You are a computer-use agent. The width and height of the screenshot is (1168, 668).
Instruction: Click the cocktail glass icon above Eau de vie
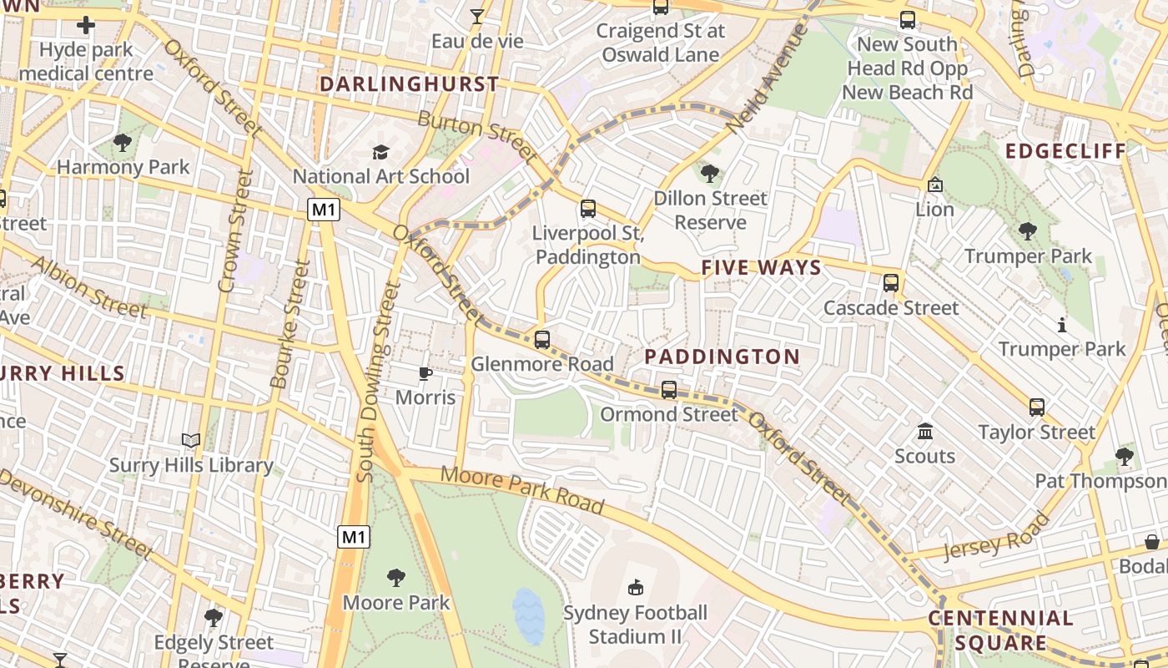(x=476, y=16)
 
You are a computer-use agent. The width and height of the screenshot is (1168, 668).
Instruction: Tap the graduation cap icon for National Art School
(x=380, y=152)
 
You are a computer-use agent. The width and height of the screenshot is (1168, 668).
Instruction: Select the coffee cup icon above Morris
(x=425, y=373)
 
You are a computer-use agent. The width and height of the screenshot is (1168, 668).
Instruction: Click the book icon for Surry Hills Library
(x=191, y=440)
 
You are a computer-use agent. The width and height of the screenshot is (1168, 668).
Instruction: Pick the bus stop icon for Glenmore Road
(x=542, y=339)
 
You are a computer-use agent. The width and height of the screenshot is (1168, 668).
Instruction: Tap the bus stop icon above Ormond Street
(x=668, y=389)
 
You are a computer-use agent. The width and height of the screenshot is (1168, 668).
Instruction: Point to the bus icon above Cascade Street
(x=891, y=282)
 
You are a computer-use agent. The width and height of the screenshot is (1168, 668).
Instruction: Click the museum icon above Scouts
(x=924, y=432)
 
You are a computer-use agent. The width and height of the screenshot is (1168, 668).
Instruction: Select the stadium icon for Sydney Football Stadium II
(x=636, y=587)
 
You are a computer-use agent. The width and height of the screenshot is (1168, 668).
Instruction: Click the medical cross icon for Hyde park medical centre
(x=86, y=25)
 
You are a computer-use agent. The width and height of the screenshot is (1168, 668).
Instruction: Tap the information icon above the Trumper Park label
(x=1062, y=325)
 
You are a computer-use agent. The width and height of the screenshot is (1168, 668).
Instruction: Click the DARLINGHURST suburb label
(x=409, y=84)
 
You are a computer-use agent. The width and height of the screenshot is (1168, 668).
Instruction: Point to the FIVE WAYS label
(x=761, y=268)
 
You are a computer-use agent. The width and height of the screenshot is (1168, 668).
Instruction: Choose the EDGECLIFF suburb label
(x=1065, y=151)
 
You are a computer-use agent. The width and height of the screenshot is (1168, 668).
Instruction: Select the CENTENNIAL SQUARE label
(x=1000, y=630)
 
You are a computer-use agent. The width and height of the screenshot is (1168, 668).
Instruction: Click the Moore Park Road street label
(x=522, y=489)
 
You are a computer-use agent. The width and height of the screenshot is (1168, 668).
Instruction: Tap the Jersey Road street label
(x=996, y=538)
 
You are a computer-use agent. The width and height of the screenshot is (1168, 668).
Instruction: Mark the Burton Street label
(x=477, y=135)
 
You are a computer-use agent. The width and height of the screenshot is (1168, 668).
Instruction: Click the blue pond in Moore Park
(x=528, y=616)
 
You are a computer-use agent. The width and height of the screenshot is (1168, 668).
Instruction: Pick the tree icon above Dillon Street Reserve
(x=710, y=174)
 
